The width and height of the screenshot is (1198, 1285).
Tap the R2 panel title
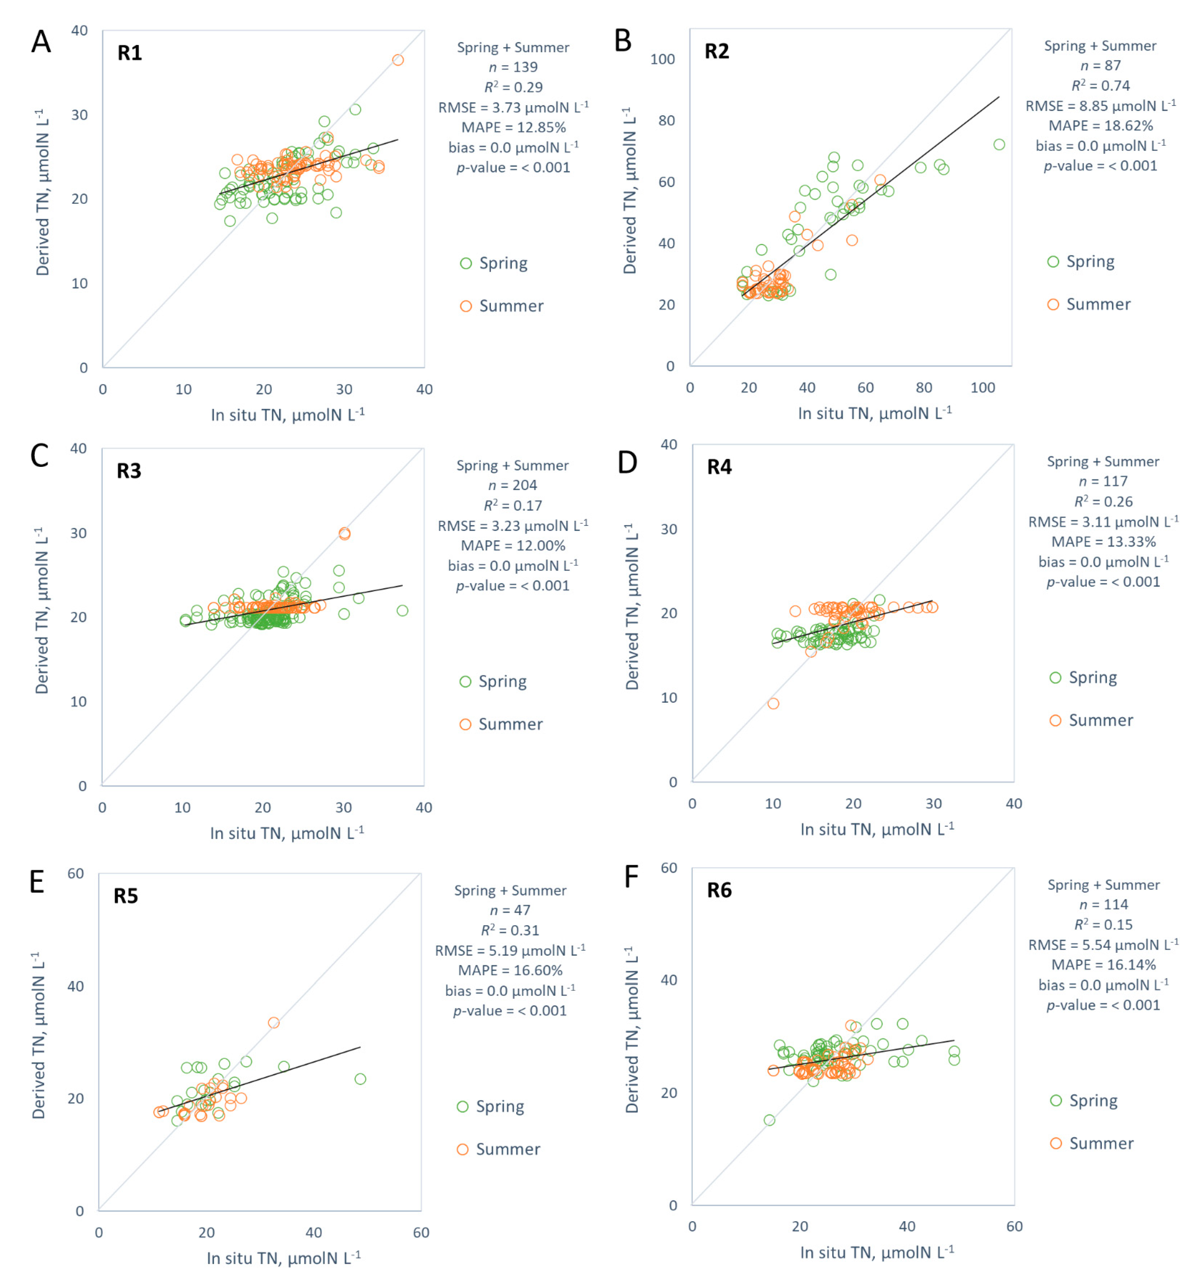click(716, 51)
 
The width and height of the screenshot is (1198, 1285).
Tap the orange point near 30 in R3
click(344, 533)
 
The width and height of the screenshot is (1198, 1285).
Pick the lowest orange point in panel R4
click(773, 703)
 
